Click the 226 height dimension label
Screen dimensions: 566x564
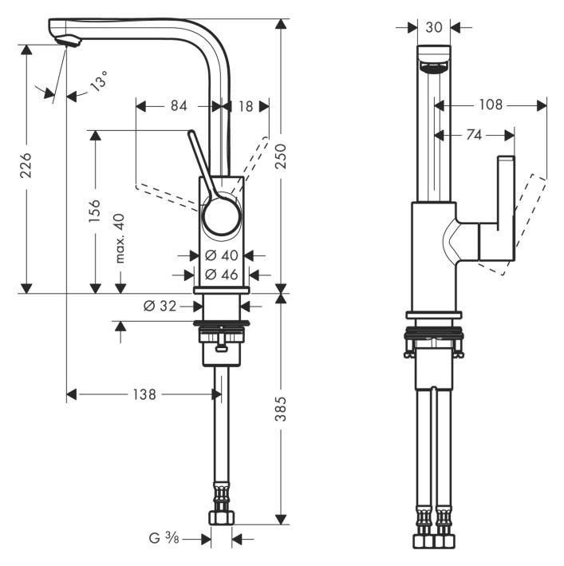[x=26, y=166]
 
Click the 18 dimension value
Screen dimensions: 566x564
[x=245, y=106]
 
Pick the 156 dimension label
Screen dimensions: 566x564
[x=94, y=212]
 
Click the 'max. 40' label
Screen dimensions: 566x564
[x=120, y=239]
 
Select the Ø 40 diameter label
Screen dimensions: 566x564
[x=221, y=255]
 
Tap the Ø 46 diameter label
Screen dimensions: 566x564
[x=221, y=275]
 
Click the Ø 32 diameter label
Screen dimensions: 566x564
[x=160, y=306]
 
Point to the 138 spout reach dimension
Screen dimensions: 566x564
[x=144, y=394]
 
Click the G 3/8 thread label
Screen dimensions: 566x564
[x=166, y=540]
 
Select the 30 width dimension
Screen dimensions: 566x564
[x=434, y=27]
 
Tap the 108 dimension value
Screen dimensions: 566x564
[x=491, y=105]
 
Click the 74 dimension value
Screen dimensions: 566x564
[x=473, y=136]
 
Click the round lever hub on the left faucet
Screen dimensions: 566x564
[x=220, y=216]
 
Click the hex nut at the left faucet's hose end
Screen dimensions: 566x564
[x=220, y=519]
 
